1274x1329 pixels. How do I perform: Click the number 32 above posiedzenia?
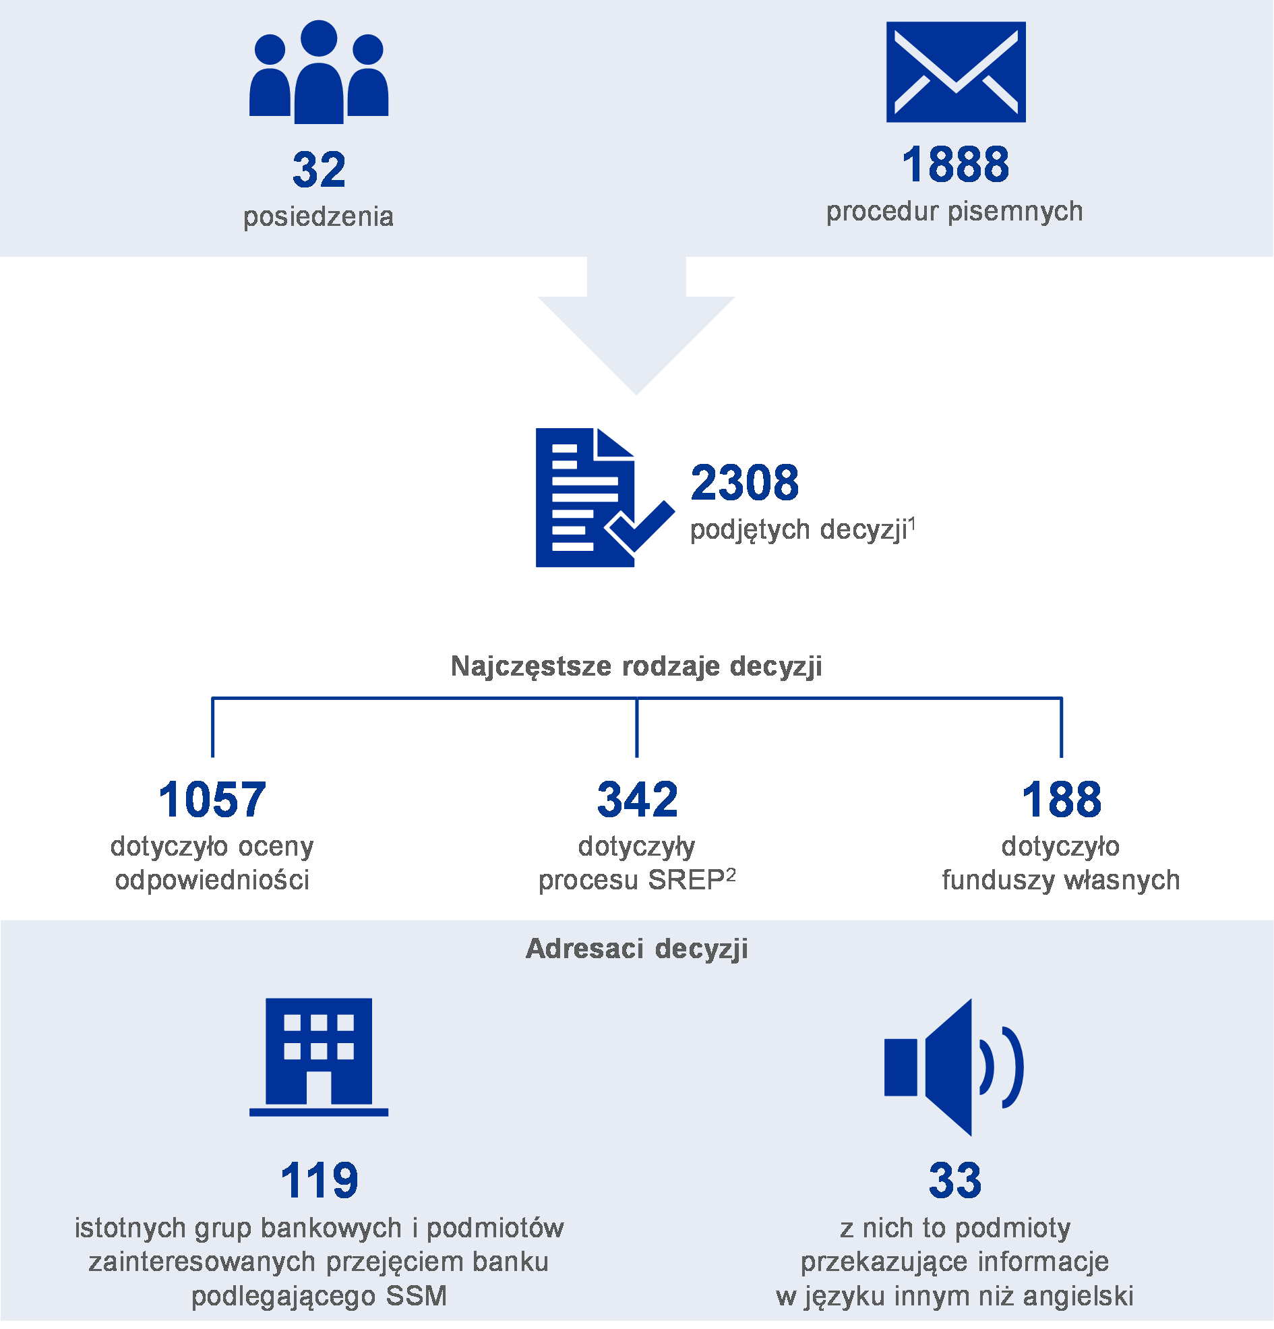coord(319,169)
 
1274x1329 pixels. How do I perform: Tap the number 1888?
coord(955,164)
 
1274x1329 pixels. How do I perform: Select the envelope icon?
coord(956,72)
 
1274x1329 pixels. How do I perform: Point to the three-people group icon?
coord(319,72)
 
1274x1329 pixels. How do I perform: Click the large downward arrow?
coord(636,326)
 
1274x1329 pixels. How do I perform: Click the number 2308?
coord(744,483)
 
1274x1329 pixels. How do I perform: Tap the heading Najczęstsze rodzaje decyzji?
coord(636,666)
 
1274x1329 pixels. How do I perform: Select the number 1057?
coord(212,800)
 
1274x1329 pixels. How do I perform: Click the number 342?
coord(638,800)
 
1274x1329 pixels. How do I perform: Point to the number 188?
coord(1062,800)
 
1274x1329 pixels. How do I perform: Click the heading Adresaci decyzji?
coord(636,949)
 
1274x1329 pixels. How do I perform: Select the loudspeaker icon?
coord(954,1067)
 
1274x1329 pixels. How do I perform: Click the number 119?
coord(320,1181)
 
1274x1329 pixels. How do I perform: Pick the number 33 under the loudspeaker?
coord(954,1181)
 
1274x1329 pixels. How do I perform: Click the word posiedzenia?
coord(319,217)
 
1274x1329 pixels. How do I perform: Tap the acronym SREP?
coord(687,880)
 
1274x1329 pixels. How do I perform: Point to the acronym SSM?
coord(417,1296)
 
